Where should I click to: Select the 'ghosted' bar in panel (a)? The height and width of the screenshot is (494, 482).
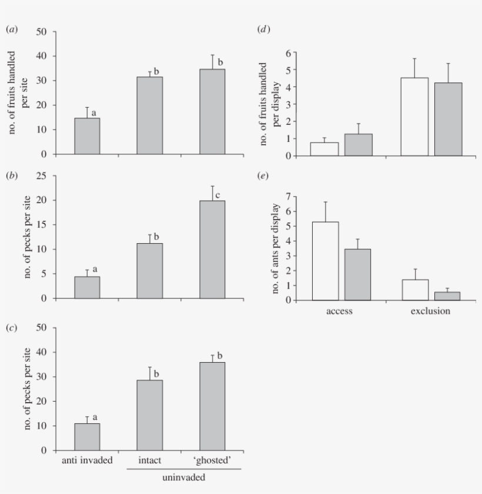pos(212,112)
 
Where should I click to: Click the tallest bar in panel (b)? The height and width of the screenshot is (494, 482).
pos(212,250)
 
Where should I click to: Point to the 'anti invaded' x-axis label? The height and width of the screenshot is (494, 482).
pos(87,460)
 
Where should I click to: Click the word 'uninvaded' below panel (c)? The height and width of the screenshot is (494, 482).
pos(183,478)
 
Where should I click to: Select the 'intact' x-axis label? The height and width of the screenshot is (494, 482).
pos(149,460)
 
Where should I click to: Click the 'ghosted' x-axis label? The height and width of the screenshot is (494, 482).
pos(212,460)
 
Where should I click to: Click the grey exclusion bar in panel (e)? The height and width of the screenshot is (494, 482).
pos(447,296)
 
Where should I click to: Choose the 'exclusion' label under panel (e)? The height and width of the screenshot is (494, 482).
pos(430,311)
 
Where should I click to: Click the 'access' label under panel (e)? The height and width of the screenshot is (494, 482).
pos(339,311)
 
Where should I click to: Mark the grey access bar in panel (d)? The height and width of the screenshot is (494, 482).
pos(358,145)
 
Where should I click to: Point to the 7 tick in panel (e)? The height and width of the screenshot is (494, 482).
pos(288,196)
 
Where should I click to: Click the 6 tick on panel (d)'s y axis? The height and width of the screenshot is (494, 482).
pos(288,53)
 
